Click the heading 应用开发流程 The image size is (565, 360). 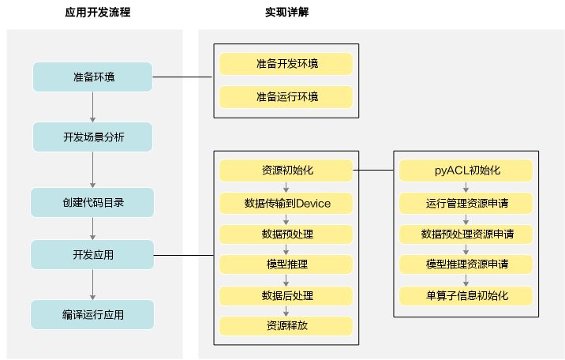pos(98,13)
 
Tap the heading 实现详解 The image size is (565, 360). pos(286,13)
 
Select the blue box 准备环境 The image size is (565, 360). pos(92,77)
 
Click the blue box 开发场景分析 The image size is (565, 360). pos(92,137)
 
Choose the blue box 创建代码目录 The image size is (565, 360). pos(92,203)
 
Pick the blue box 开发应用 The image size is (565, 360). pos(92,255)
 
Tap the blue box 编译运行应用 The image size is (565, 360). pos(92,314)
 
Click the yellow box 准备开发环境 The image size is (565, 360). pos(286,64)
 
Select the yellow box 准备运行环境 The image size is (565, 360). pos(286,97)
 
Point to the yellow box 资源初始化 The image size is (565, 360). pos(286,171)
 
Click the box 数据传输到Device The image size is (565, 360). pos(286,203)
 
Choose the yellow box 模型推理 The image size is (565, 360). pos(286,264)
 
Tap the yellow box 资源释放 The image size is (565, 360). pos(286,326)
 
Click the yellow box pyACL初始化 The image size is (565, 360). pos(466,171)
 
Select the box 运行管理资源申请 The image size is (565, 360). pos(466,203)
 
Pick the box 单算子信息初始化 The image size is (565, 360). pos(466,296)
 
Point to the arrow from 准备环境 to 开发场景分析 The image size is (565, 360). pos(92,107)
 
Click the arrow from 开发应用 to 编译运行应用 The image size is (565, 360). pos(92,285)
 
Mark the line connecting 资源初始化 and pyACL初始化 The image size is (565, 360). pos(373,170)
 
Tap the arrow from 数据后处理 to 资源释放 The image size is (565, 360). pos(286,311)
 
